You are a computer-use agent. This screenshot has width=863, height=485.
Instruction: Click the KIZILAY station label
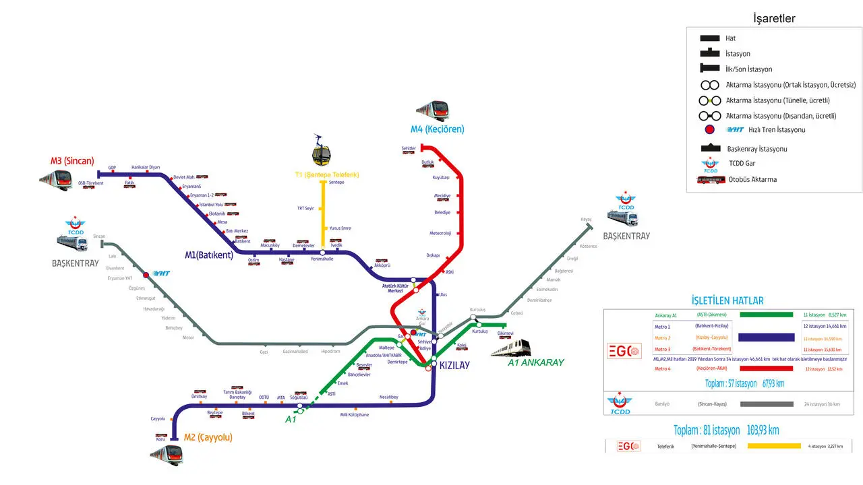point(454,365)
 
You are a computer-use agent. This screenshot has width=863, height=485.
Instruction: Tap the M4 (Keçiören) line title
point(438,129)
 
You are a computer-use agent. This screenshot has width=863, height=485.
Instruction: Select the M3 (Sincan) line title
point(72,161)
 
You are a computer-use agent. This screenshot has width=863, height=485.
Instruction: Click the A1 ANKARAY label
point(535,362)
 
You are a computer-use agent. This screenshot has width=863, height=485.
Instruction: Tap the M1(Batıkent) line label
point(209,255)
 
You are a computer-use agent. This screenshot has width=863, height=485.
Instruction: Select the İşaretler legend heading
point(774,19)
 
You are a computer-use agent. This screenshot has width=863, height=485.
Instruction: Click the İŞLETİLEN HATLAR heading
point(727,300)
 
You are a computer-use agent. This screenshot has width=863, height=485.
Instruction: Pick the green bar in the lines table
point(766,315)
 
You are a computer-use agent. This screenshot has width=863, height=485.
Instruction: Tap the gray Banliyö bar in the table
point(767,404)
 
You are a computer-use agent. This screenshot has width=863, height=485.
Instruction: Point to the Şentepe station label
point(336,183)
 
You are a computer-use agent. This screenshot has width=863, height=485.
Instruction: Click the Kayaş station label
point(586,220)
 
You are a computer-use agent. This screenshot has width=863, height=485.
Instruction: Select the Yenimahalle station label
point(322,259)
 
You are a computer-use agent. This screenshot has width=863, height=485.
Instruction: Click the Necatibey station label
point(389,397)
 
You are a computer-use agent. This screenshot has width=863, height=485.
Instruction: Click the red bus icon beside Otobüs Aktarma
point(711,180)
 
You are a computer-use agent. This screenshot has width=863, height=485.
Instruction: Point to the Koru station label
point(160,439)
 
